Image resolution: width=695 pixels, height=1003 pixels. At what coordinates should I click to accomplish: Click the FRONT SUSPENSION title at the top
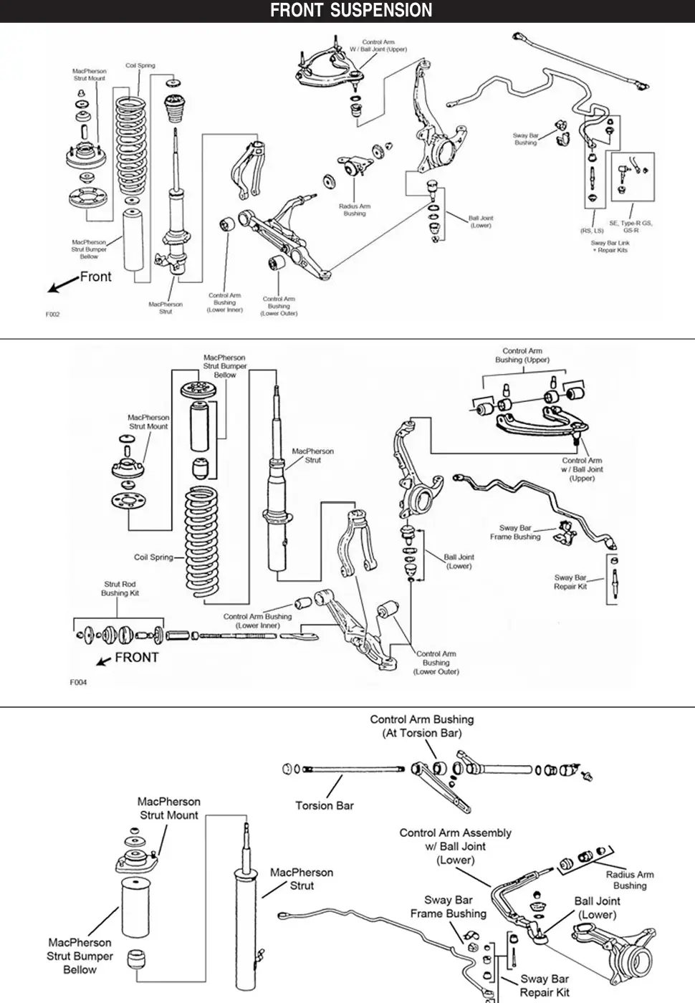[x=351, y=11]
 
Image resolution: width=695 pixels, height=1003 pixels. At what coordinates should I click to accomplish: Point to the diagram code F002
[x=53, y=315]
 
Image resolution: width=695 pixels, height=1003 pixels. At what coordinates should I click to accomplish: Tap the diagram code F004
[x=78, y=682]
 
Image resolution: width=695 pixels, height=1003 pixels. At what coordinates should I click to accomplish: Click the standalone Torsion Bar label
[x=325, y=805]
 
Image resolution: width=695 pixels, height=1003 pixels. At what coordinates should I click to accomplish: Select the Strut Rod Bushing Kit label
[x=120, y=589]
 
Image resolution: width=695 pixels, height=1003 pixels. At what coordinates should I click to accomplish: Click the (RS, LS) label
[x=592, y=231]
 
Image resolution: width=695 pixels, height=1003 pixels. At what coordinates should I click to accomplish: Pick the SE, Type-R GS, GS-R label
[x=631, y=226]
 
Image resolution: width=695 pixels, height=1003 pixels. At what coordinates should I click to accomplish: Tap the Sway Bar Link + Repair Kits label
[x=609, y=246]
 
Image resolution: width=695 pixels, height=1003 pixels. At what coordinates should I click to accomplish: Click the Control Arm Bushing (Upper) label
[x=522, y=355]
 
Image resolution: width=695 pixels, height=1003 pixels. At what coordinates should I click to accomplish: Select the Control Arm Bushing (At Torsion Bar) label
[x=421, y=726]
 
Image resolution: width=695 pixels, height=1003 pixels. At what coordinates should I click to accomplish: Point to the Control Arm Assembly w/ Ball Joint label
[x=456, y=846]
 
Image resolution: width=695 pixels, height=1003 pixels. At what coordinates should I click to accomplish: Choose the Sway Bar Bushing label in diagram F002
[x=525, y=139]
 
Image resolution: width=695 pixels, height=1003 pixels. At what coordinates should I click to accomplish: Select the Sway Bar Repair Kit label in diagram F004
[x=570, y=582]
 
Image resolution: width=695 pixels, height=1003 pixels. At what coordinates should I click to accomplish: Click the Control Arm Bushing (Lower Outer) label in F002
[x=279, y=306]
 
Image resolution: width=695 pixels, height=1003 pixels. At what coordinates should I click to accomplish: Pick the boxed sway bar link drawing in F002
[x=633, y=176]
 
